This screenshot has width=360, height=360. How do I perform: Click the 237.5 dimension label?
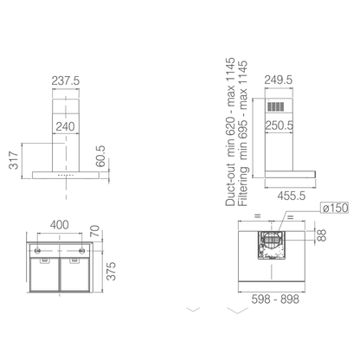point(66,80)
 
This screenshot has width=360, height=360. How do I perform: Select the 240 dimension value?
point(65,126)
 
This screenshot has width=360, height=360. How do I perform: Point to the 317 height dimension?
point(14,160)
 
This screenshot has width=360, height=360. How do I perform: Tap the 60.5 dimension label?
point(100,157)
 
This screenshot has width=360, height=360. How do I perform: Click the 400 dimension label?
point(60,225)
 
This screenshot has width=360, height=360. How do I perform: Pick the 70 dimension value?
point(95,231)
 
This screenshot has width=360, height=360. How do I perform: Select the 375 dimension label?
point(111,271)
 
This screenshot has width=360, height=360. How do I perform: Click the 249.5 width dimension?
point(279,80)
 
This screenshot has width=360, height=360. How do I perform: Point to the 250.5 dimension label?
point(279,125)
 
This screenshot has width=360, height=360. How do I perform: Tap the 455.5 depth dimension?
point(292,196)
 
